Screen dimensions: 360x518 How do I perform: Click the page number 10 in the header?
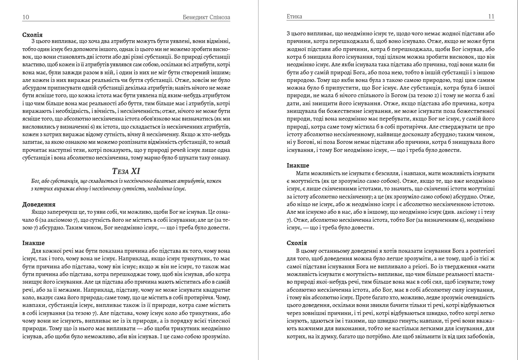[x=26, y=17]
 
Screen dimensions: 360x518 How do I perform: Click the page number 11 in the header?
[x=491, y=17]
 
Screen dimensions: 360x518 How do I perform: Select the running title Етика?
[x=295, y=17]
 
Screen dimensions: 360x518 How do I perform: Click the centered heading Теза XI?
[x=126, y=172]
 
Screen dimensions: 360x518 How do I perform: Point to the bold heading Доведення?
[x=39, y=205]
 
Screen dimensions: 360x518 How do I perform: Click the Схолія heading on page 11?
[x=297, y=243]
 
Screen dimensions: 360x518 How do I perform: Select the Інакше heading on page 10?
[x=34, y=243]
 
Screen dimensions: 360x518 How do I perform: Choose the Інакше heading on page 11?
[x=298, y=166]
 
